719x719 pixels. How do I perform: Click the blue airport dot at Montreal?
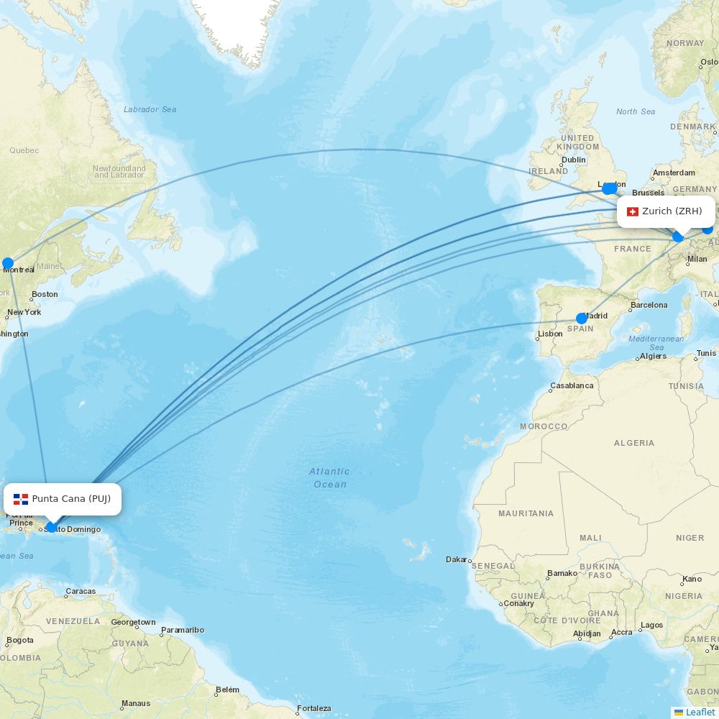[8, 263]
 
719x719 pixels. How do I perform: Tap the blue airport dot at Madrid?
[582, 318]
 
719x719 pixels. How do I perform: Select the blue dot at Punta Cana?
[51, 527]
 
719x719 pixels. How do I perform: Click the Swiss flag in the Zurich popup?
[633, 211]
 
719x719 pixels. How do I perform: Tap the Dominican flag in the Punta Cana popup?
[21, 499]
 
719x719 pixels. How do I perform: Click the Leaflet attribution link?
[700, 712]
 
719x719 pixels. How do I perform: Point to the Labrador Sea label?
[150, 109]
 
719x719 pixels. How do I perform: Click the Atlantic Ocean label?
[330, 478]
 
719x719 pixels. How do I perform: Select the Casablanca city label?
[572, 385]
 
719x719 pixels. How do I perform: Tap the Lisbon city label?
[550, 334]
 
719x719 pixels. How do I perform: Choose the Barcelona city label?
[649, 305]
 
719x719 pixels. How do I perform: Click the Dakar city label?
[456, 559]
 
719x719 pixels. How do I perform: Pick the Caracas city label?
[81, 591]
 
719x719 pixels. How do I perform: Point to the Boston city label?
[45, 294]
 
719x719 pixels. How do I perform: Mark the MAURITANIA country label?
[526, 513]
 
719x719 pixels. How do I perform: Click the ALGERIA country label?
[634, 443]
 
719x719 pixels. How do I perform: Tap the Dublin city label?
[574, 160]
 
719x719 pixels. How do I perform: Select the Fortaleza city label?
[314, 708]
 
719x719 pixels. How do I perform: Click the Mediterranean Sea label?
[656, 342]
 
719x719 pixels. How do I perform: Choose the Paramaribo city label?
[183, 630]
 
